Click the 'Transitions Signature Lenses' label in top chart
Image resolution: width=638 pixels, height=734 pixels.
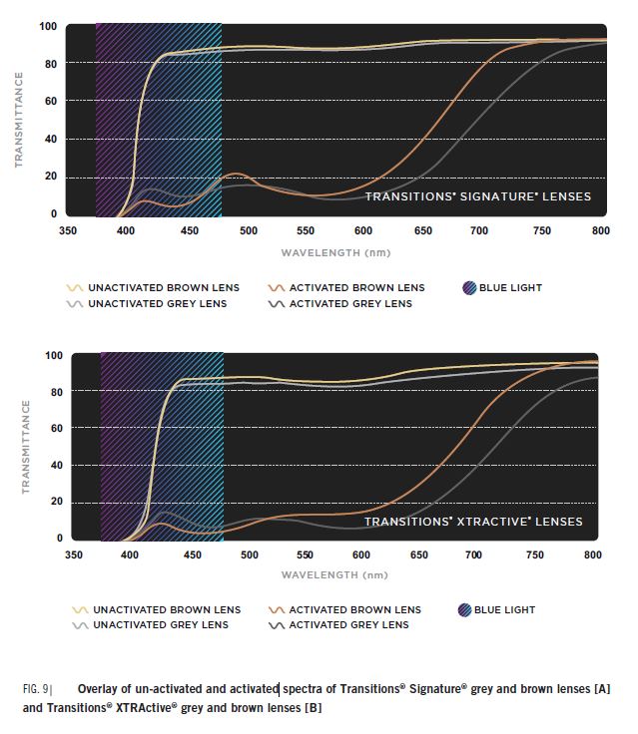pyautogui.click(x=477, y=196)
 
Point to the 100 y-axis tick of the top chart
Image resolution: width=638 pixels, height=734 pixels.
pyautogui.click(x=48, y=26)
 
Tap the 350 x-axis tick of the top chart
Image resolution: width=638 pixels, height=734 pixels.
pyautogui.click(x=68, y=231)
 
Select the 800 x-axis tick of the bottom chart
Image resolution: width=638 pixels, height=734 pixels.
pyautogui.click(x=592, y=555)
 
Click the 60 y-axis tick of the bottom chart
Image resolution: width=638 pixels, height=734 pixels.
pyautogui.click(x=51, y=428)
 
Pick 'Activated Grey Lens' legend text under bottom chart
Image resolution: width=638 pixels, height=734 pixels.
pyautogui.click(x=348, y=625)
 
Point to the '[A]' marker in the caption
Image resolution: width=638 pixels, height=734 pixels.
pyautogui.click(x=601, y=689)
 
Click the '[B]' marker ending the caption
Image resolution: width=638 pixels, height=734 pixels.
pyautogui.click(x=313, y=707)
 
